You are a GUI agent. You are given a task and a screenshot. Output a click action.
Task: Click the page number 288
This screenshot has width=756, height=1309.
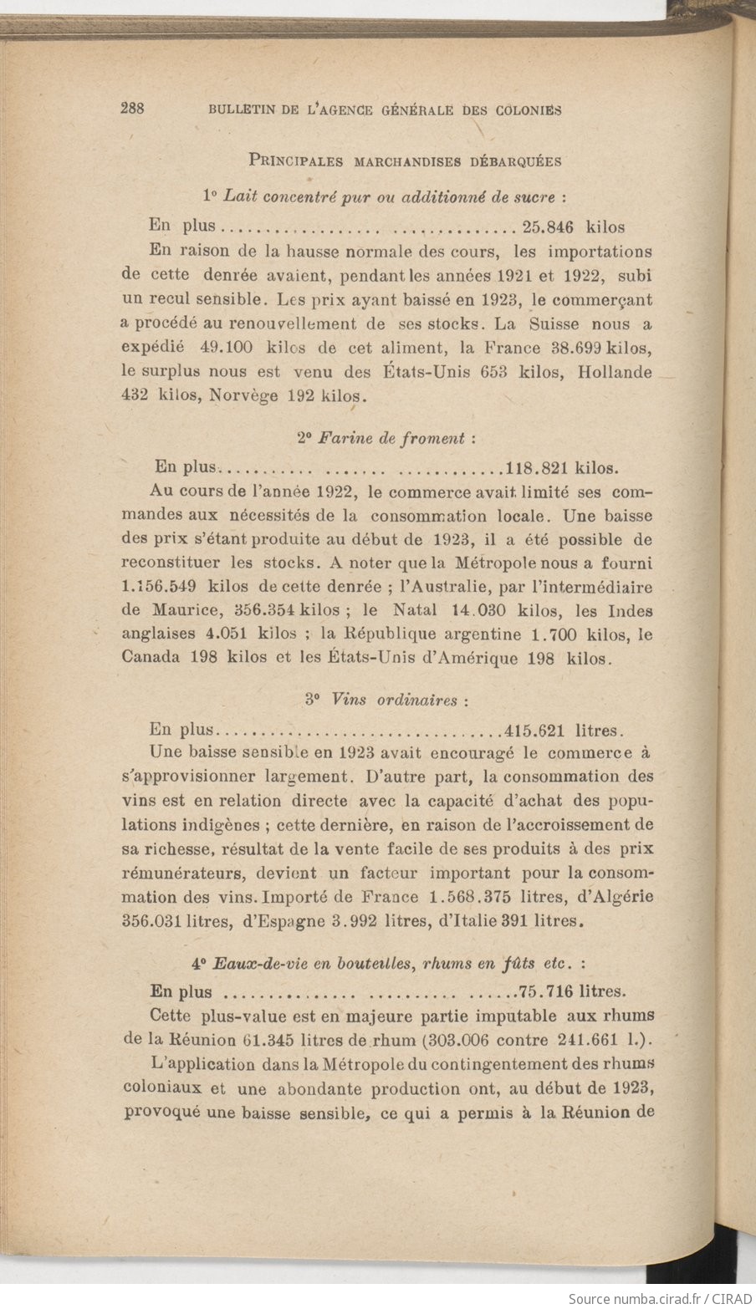[134, 108]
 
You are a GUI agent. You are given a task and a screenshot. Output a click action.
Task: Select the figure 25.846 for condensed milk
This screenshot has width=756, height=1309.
[549, 227]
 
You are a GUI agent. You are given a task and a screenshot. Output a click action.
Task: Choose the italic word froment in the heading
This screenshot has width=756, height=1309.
[432, 438]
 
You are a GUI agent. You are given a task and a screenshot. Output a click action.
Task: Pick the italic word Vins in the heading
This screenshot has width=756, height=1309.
[349, 699]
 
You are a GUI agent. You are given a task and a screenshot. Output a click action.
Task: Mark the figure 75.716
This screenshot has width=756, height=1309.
[545, 992]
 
